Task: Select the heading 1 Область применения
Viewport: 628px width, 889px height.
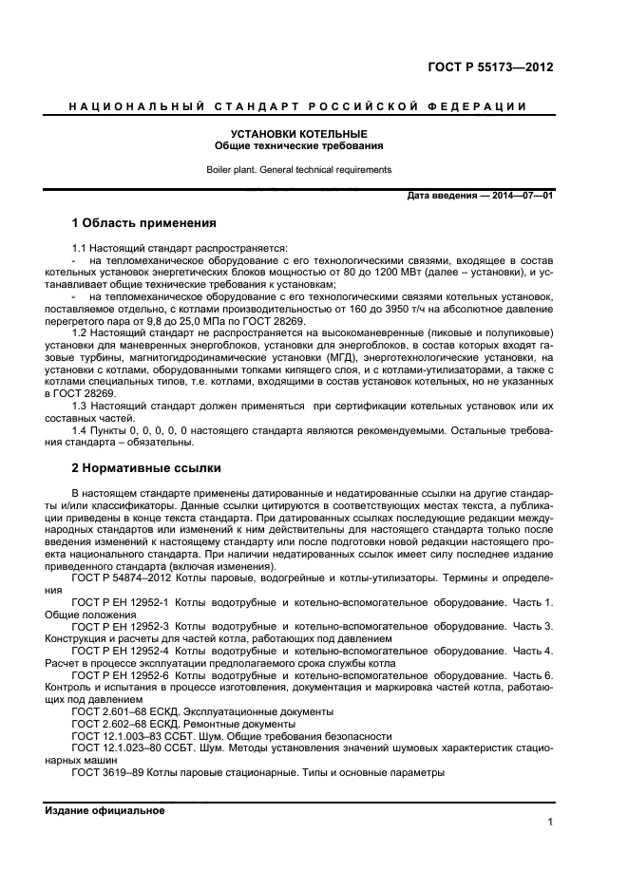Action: (144, 224)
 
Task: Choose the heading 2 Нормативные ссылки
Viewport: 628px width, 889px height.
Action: (146, 468)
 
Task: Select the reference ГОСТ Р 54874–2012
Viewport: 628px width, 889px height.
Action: (120, 578)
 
